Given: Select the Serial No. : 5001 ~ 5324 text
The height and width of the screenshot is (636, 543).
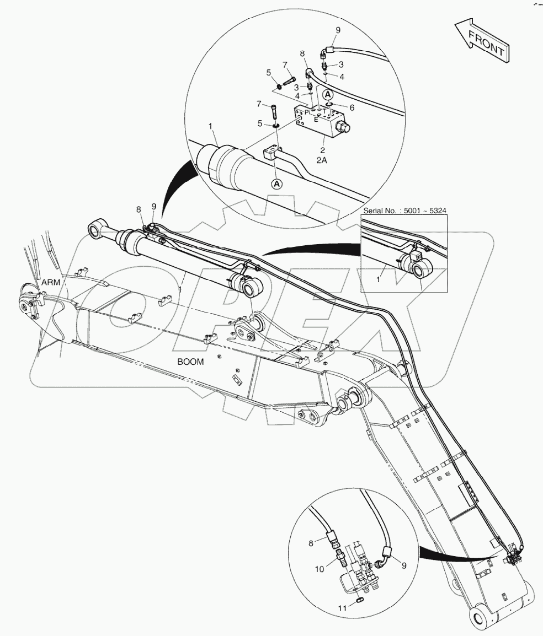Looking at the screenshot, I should pos(404,211).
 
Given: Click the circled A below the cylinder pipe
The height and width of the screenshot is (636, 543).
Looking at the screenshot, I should pos(276,184).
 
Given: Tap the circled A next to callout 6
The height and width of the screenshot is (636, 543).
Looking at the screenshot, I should pos(328,94).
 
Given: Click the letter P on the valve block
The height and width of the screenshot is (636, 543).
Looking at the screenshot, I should pos(306,112).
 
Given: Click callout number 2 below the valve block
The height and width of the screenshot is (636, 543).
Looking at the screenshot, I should pos(322,149).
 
